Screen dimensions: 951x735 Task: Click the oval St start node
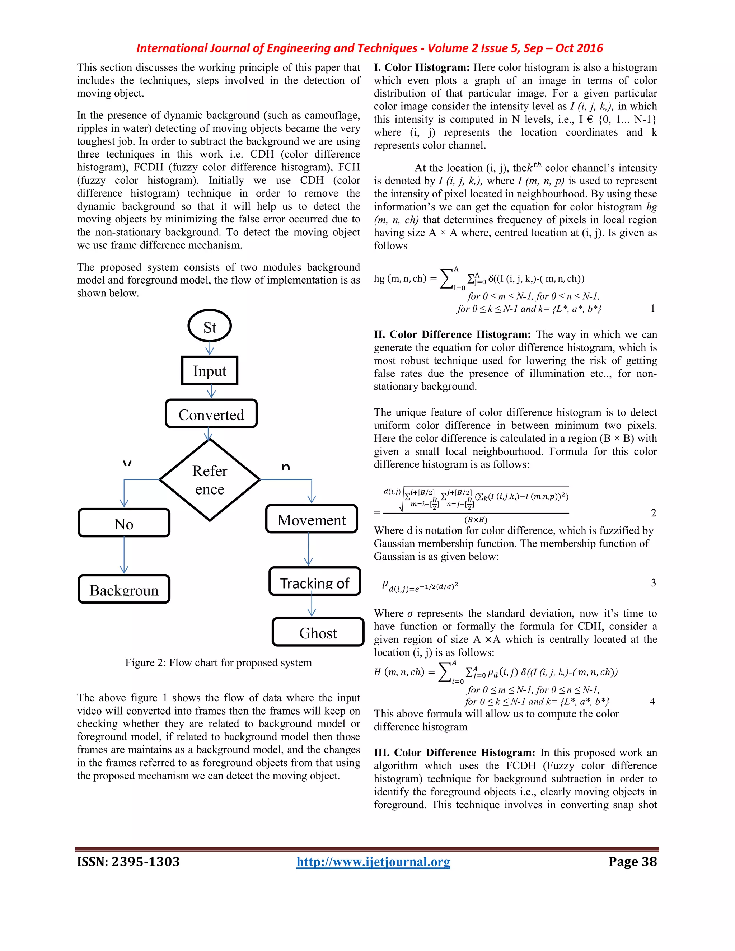210,326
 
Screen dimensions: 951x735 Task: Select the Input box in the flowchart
210,371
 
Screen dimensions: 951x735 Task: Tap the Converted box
211,414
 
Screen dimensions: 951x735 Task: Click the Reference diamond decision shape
210,479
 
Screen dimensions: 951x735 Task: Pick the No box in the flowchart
124,523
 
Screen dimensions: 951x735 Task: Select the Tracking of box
314,581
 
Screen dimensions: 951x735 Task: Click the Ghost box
318,632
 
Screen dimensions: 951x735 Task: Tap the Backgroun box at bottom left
124,589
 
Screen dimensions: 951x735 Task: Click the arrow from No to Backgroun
124,555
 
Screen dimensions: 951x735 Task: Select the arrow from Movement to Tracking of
308,549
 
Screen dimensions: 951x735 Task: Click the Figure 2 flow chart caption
219,662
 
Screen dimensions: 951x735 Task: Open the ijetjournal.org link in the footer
373,861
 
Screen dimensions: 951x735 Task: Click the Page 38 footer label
632,861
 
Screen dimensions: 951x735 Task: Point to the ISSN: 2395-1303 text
128,861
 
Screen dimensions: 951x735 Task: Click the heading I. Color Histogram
421,67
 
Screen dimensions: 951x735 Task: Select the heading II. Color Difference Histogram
452,334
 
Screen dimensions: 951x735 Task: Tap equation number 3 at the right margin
653,582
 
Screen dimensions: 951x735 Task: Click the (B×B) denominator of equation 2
476,520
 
